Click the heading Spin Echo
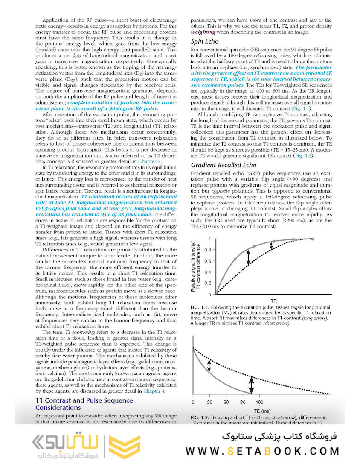[204, 42]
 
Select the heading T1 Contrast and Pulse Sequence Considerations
[84, 404]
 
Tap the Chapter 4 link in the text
[155, 391]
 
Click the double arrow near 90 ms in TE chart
[252, 385]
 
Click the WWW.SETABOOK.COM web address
[262, 451]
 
